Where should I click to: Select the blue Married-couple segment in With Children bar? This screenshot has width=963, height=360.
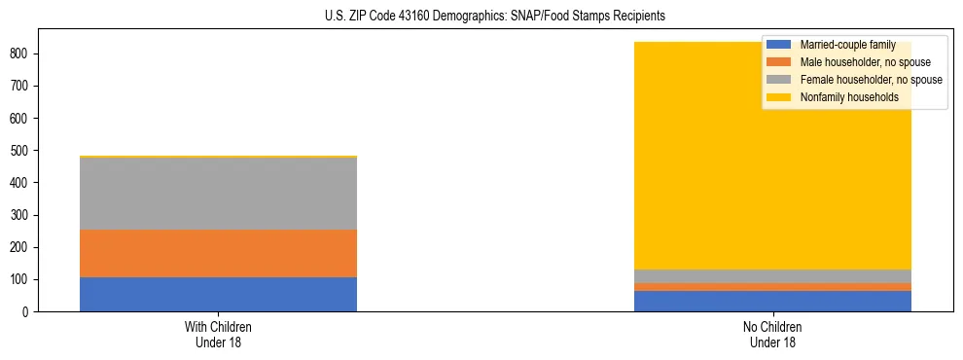pos(218,294)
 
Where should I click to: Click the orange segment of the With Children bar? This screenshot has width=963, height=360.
pos(218,253)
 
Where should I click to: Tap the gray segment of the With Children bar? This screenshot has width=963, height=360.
pos(218,193)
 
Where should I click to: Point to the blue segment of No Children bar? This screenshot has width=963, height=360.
pos(772,301)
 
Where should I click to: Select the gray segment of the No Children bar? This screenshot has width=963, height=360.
pos(772,276)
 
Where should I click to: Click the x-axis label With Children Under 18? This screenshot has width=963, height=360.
pos(218,334)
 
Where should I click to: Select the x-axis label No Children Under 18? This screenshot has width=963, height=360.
pos(772,334)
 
